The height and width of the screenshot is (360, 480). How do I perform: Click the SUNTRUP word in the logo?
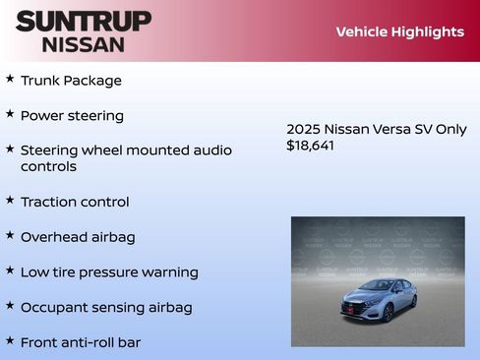tap(84, 21)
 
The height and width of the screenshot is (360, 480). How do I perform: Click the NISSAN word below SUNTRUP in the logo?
tap(84, 44)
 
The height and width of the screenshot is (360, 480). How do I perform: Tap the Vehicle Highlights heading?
tap(399, 31)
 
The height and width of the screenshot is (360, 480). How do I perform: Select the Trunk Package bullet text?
tap(71, 81)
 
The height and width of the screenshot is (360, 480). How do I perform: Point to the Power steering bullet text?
tap(72, 116)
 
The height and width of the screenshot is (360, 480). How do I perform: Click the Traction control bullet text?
tap(75, 203)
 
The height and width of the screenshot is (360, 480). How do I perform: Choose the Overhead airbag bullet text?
tap(78, 237)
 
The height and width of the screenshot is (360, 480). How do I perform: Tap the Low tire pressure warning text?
tap(109, 272)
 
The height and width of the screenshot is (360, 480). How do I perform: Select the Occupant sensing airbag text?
tap(106, 308)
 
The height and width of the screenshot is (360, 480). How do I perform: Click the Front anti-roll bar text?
tap(81, 342)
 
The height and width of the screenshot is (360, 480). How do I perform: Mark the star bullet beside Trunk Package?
tap(10, 79)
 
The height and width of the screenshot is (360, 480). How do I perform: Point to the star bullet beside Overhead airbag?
tap(10, 235)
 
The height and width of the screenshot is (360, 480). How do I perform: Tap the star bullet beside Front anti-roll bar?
tap(10, 340)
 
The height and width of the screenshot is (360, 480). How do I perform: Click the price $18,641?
tap(311, 146)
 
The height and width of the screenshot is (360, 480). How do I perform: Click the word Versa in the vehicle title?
tap(389, 129)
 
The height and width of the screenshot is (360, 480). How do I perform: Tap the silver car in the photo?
tap(378, 297)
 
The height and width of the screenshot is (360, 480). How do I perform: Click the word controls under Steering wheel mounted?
tap(48, 167)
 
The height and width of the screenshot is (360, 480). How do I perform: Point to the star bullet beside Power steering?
tap(10, 114)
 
